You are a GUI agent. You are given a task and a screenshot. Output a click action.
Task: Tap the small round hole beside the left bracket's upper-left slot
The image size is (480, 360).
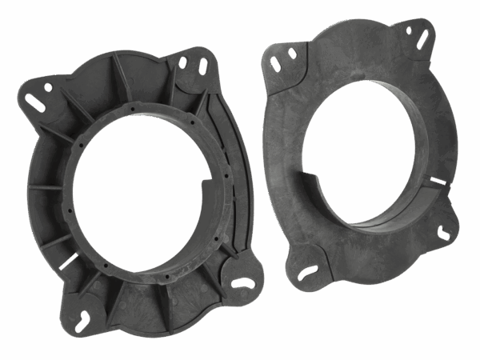48,86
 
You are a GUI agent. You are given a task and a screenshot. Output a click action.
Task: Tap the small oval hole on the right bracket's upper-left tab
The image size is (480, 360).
293,53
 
